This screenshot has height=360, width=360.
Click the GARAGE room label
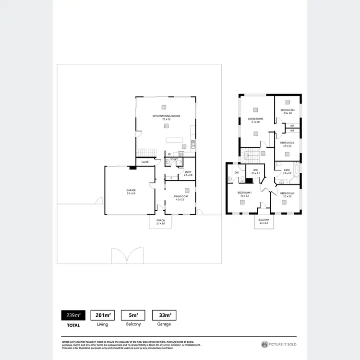tap(131, 192)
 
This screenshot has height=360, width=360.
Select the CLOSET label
tap(145, 162)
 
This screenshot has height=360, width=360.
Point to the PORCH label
tap(160, 222)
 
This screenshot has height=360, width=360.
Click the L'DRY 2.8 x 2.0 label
tap(188, 173)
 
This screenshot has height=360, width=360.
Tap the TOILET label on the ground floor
tap(174, 159)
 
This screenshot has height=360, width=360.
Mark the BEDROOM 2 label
tap(287, 194)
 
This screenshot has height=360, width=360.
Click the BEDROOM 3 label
tap(288, 144)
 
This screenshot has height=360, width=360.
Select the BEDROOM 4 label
tap(288, 112)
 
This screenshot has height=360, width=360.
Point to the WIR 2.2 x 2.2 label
tap(256, 171)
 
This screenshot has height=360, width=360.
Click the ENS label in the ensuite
tap(237, 172)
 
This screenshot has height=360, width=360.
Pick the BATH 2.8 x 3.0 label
tap(287, 171)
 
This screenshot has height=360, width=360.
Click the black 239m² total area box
tap(73, 315)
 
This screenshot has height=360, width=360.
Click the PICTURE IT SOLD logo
tap(279, 344)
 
